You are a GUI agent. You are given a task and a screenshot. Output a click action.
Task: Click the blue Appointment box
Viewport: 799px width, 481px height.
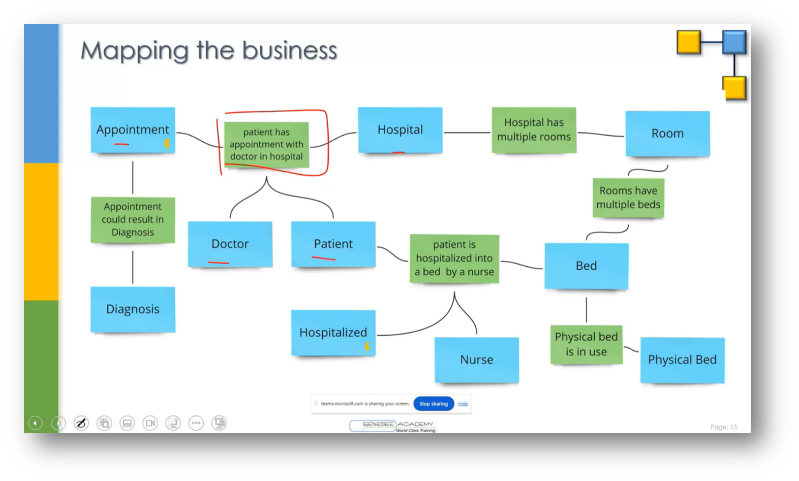[133, 130]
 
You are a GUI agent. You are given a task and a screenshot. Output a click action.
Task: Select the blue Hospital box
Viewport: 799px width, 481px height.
[400, 130]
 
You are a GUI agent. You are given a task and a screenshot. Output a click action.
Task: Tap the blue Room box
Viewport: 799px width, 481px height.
[667, 134]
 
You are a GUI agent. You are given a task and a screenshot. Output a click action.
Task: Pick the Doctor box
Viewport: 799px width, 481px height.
[230, 244]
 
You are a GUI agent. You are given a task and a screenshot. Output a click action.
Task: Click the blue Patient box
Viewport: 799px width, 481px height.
[333, 244]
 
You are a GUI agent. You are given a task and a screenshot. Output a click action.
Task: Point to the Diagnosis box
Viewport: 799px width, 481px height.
[133, 309]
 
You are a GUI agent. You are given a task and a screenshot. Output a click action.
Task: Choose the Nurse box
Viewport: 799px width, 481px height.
[476, 360]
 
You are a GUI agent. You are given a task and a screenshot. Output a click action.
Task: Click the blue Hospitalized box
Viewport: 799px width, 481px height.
[333, 333]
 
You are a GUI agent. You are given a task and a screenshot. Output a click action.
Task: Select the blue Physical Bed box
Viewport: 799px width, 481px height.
[682, 360]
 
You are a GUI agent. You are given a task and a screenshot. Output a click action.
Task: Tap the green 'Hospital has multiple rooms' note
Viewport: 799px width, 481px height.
[534, 130]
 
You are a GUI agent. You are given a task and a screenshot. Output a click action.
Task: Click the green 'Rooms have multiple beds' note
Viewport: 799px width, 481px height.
[628, 198]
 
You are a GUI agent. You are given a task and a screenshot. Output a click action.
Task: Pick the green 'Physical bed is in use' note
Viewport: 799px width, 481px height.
[586, 344]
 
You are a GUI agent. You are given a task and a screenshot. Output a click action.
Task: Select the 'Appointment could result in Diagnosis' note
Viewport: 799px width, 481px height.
[133, 219]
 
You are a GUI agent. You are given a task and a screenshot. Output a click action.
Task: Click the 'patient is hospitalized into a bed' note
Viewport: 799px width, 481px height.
[454, 258]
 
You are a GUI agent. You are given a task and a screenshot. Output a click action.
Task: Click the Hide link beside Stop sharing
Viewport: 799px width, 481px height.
[463, 404]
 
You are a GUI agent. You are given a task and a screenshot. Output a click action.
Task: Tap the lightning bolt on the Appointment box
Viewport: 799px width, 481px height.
[167, 144]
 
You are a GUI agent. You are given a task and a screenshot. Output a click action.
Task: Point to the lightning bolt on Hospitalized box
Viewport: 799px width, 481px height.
[367, 347]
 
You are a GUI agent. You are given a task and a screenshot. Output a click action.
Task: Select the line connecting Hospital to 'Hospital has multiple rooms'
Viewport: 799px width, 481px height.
[467, 133]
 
